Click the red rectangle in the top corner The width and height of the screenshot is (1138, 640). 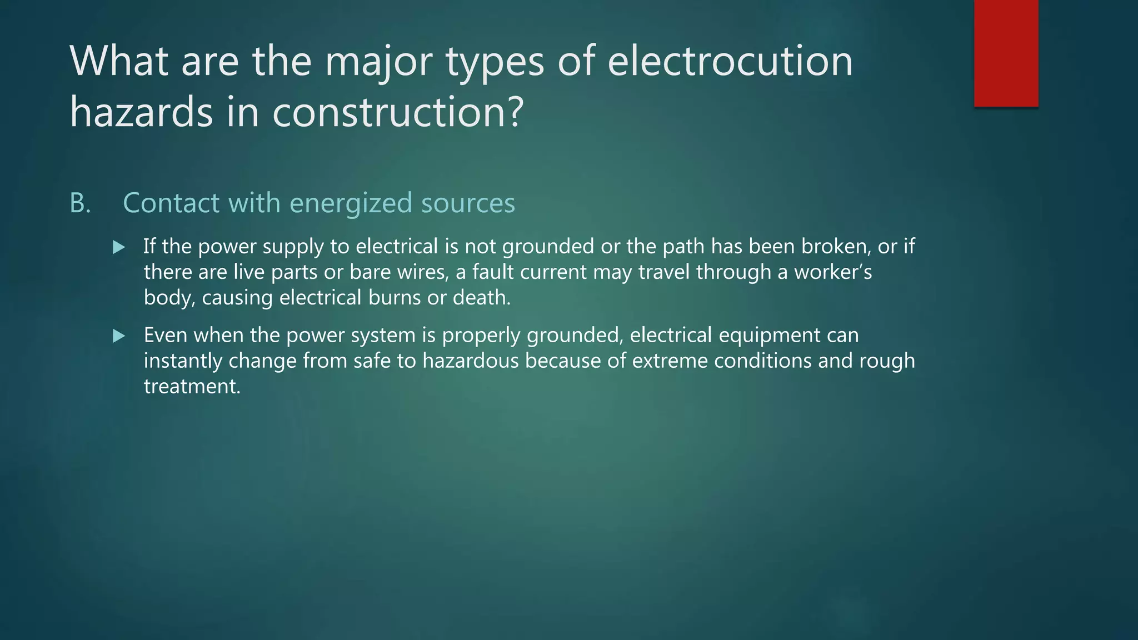click(x=1006, y=53)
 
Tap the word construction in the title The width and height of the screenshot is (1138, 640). click(x=397, y=112)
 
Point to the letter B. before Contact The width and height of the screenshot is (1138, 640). click(x=80, y=203)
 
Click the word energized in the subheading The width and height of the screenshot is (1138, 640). click(x=351, y=203)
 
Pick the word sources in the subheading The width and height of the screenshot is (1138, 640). click(x=468, y=203)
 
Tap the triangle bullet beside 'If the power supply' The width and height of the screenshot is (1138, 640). click(x=119, y=247)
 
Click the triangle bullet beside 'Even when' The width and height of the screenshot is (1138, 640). click(x=119, y=336)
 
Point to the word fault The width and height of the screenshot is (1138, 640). click(x=493, y=272)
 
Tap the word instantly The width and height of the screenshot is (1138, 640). click(x=183, y=361)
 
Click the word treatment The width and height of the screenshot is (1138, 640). click(x=192, y=386)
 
